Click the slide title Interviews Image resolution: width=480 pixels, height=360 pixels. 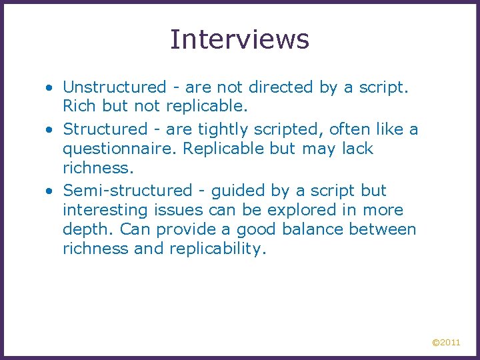click(239, 39)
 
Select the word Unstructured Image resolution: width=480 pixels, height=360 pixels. click(114, 87)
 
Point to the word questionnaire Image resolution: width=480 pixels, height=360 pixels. click(120, 149)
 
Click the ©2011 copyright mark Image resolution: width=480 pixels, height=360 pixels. click(446, 343)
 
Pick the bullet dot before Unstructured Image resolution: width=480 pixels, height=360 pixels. click(50, 88)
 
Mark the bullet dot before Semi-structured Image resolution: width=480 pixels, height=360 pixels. click(50, 191)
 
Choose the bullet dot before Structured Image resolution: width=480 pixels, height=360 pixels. click(50, 129)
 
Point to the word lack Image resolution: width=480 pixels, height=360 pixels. click(359, 149)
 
